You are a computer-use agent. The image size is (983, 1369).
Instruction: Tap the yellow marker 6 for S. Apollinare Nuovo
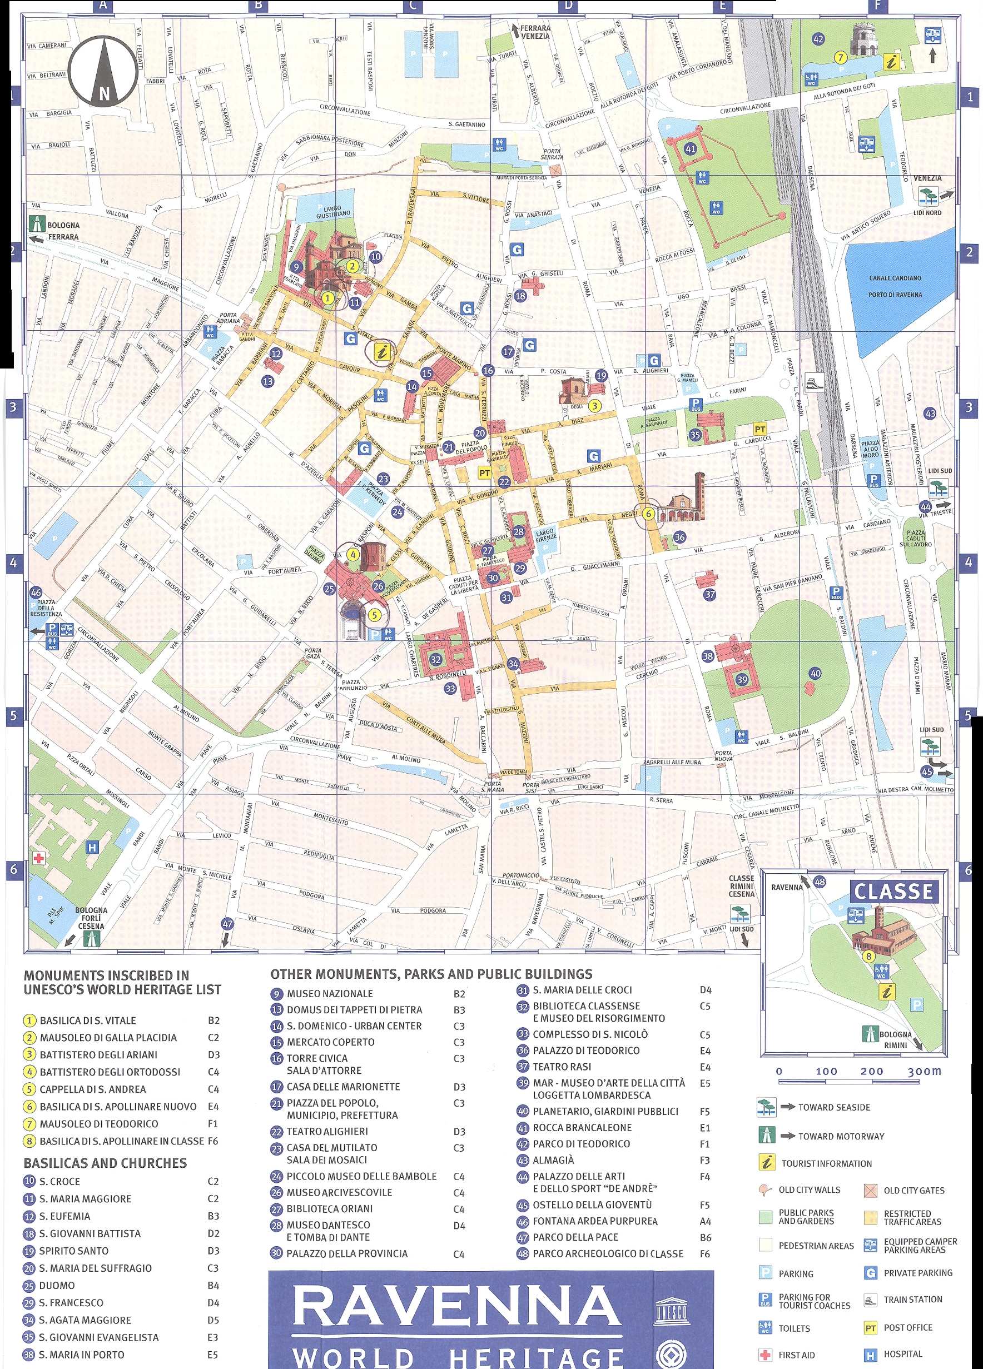[648, 514]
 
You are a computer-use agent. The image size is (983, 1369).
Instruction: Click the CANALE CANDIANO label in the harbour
[896, 278]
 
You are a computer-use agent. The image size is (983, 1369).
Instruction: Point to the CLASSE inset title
[893, 891]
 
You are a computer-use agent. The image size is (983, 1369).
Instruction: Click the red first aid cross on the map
[39, 858]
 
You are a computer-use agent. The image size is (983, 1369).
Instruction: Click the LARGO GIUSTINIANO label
[332, 211]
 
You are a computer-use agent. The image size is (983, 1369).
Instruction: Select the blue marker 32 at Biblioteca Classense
[436, 659]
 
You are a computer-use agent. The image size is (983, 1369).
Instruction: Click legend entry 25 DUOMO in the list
[57, 1285]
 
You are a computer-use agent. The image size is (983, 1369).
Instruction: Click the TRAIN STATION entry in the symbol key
[912, 1299]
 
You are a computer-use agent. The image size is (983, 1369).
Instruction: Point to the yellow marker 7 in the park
[840, 58]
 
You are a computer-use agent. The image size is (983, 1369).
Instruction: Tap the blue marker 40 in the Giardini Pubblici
[815, 673]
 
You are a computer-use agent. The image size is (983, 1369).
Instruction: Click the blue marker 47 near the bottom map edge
[227, 924]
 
